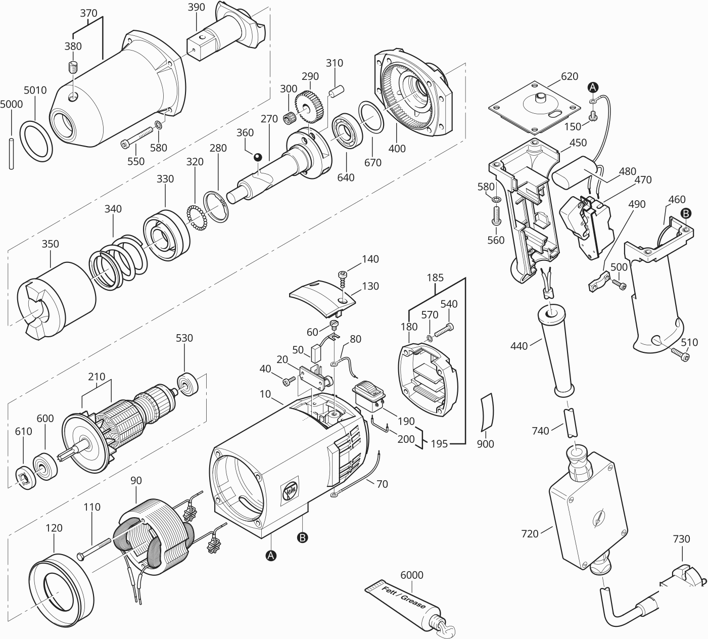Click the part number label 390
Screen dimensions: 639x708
pyautogui.click(x=197, y=7)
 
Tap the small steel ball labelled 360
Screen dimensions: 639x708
pyautogui.click(x=258, y=157)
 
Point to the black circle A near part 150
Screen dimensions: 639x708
pyautogui.click(x=593, y=87)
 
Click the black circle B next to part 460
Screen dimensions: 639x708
pyautogui.click(x=686, y=213)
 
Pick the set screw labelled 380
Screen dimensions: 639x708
pyautogui.click(x=73, y=67)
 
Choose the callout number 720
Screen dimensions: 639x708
pyautogui.click(x=530, y=533)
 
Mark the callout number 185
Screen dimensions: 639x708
pyautogui.click(x=435, y=278)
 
